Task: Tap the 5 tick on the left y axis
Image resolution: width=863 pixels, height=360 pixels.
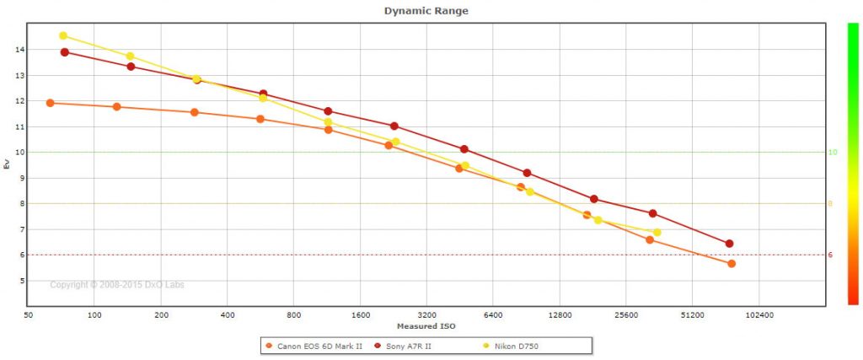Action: (21, 281)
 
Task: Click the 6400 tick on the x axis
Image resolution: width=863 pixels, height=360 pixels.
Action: (493, 314)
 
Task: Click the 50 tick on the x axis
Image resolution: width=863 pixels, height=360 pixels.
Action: (29, 314)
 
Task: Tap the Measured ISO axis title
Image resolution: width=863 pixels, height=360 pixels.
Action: (426, 325)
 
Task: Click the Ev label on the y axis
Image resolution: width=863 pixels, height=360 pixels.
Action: (7, 164)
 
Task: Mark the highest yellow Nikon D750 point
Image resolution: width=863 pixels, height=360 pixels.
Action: (63, 35)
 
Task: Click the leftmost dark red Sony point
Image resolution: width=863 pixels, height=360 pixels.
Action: (65, 52)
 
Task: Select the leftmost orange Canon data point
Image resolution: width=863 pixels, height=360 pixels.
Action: (50, 103)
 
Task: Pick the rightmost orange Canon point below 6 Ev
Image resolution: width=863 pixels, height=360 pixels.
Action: (732, 264)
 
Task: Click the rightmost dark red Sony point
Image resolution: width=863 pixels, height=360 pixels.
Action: (729, 244)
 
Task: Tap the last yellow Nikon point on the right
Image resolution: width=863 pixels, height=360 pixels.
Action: (657, 232)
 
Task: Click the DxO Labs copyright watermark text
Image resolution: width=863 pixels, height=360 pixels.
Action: (117, 285)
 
